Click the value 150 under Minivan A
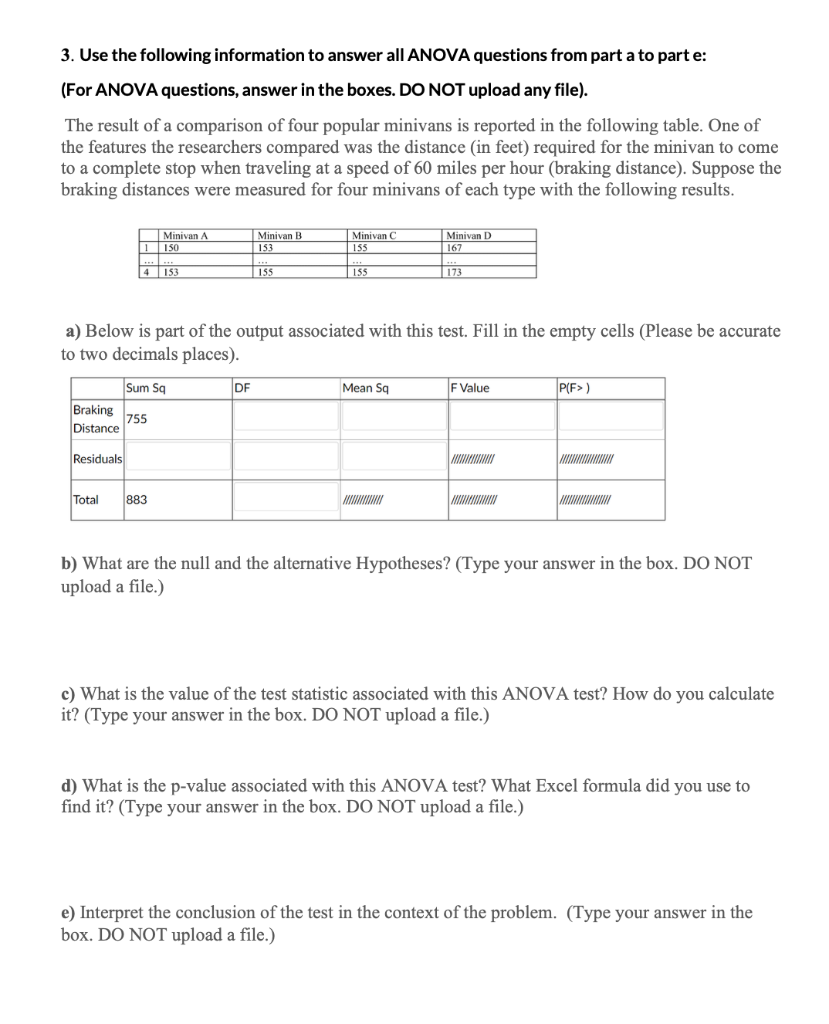(x=172, y=245)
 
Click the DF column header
(x=243, y=388)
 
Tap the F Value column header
(x=471, y=388)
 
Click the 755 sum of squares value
(x=138, y=419)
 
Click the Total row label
(x=85, y=500)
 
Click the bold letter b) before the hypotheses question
(x=69, y=563)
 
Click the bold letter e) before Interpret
(x=69, y=912)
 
